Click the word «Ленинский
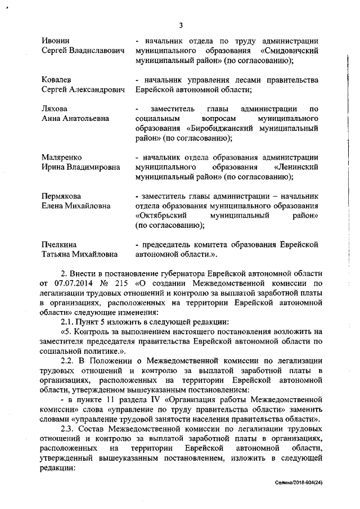[x=296, y=167]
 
